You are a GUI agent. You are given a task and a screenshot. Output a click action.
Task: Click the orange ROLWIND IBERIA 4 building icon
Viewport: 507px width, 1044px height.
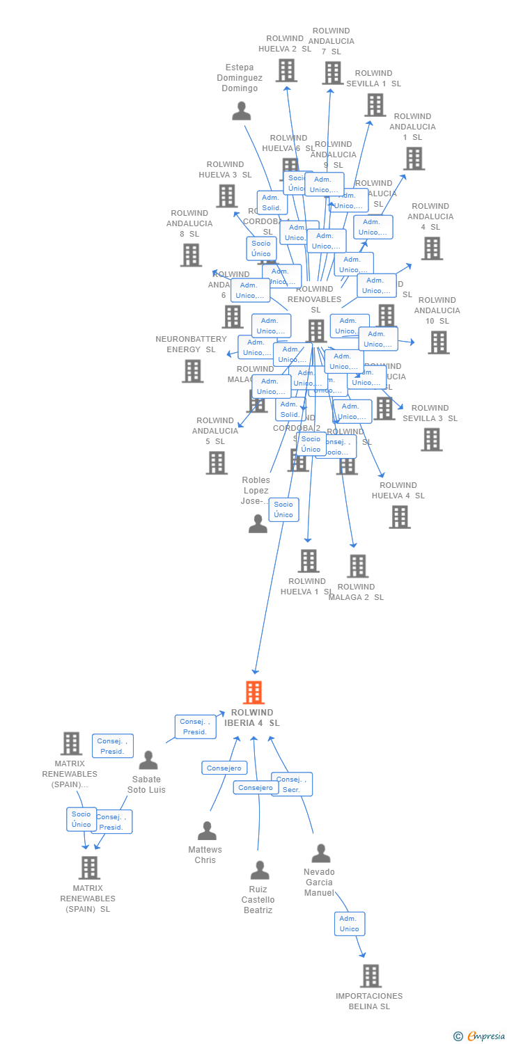[253, 693]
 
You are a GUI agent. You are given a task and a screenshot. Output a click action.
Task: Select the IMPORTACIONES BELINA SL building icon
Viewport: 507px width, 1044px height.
[371, 976]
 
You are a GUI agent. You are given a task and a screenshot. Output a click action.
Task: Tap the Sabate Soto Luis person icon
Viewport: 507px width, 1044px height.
[148, 760]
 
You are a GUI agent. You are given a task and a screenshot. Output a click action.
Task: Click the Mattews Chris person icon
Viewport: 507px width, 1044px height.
[207, 831]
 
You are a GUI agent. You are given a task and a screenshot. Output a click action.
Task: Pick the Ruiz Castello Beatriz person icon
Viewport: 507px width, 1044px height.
[260, 870]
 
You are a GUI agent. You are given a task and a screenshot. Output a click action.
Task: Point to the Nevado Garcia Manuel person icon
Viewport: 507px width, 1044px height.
[320, 853]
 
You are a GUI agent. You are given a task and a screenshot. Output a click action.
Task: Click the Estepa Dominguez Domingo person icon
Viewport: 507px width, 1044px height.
[241, 111]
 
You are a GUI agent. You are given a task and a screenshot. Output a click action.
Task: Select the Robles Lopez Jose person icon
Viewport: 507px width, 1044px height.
[258, 524]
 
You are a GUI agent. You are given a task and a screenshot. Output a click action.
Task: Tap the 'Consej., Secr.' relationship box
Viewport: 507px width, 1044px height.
[292, 784]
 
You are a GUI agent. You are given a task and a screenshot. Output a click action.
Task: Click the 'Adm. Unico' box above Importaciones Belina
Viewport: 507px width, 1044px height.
[349, 924]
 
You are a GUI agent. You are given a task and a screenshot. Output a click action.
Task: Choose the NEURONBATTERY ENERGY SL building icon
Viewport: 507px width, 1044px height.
[193, 371]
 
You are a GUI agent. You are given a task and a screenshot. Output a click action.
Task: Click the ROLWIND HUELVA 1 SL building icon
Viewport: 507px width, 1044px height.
[308, 561]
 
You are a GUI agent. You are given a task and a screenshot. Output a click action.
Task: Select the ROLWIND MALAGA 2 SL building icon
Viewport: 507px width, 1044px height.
[357, 567]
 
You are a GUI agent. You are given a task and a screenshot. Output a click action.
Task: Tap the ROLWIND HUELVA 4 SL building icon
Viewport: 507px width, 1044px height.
[399, 517]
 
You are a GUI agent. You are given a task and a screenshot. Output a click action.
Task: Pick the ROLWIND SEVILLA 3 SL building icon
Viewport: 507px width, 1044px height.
[431, 439]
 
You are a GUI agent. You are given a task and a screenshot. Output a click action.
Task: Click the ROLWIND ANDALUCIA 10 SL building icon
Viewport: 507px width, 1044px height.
[438, 342]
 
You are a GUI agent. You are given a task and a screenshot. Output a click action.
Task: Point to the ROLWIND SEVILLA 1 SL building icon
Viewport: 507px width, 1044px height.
[375, 105]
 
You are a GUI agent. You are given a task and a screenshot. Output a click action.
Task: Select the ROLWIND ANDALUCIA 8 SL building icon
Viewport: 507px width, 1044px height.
[191, 255]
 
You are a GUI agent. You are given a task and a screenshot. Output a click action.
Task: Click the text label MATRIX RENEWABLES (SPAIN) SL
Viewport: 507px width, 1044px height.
[88, 899]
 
